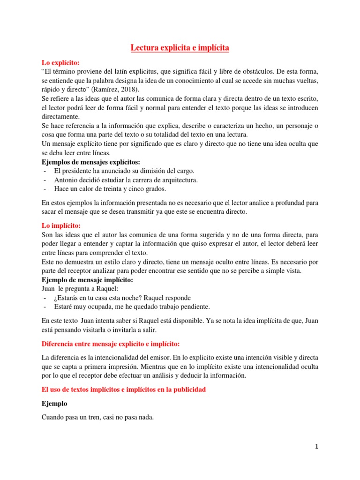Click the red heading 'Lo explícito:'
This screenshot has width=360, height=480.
click(61, 62)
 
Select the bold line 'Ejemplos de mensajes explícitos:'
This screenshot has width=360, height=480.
click(91, 162)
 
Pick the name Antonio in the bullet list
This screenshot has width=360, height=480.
click(67, 180)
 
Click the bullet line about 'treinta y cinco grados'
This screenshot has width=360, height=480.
click(110, 189)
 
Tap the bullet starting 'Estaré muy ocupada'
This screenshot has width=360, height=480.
click(132, 307)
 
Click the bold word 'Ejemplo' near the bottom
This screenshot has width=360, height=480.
click(54, 403)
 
